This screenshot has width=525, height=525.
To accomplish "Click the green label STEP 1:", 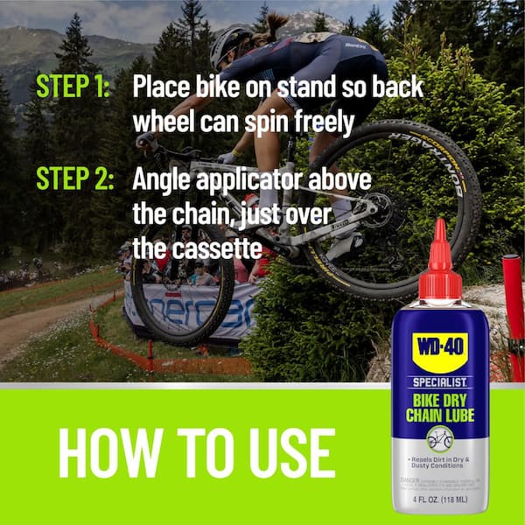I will point(73,88).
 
